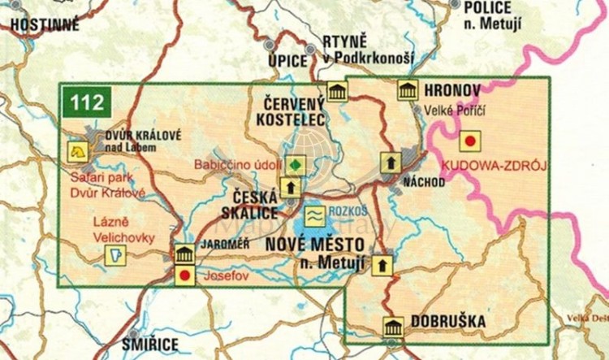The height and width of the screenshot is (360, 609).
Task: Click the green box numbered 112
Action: pyautogui.click(x=88, y=103)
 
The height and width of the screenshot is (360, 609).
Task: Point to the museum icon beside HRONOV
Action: pyautogui.click(x=407, y=90)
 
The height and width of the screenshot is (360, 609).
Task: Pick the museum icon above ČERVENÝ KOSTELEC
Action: pyautogui.click(x=336, y=91)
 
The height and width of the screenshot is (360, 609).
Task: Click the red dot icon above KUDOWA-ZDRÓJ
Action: pyautogui.click(x=469, y=141)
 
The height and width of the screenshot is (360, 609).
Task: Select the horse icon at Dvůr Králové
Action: pyautogui.click(x=78, y=150)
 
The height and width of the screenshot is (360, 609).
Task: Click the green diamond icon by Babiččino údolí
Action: pyautogui.click(x=296, y=163)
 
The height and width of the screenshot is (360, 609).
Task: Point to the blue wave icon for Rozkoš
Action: pyautogui.click(x=314, y=215)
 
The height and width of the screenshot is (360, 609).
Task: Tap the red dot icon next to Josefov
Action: pyautogui.click(x=184, y=275)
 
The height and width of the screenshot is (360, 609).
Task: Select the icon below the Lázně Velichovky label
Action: pyautogui.click(x=115, y=256)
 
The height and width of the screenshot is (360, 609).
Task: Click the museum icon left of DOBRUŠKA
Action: pyautogui.click(x=393, y=327)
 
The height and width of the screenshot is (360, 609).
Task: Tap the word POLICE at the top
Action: pyautogui.click(x=487, y=7)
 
